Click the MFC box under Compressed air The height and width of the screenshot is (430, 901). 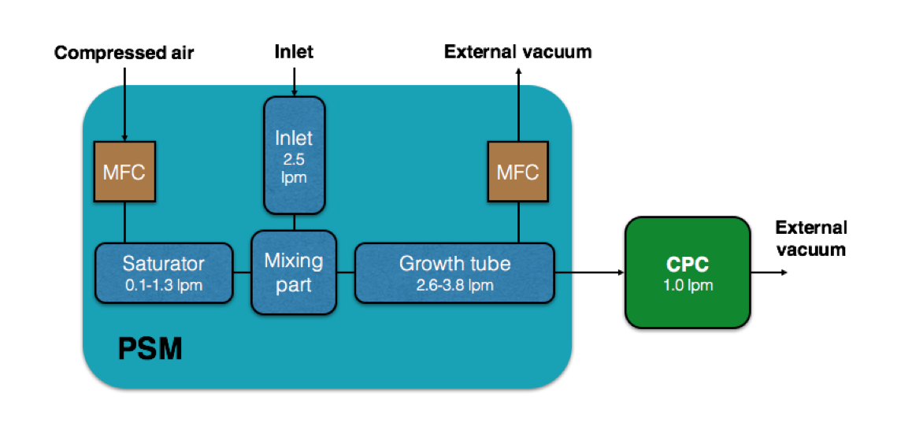point(124,172)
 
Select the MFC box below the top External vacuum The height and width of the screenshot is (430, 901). point(518,172)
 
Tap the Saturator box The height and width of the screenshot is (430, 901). point(164,273)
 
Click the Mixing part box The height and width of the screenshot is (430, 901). point(294,272)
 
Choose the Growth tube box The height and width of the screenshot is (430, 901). point(454,273)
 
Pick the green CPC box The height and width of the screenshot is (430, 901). point(688,272)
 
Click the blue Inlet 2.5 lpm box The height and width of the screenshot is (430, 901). point(295,155)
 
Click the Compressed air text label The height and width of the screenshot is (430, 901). point(124,53)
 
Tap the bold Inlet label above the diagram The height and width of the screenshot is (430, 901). point(295,52)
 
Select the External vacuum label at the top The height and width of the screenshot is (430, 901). point(517,52)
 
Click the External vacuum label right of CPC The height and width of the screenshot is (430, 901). point(811,239)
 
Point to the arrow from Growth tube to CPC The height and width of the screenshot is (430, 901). point(590,273)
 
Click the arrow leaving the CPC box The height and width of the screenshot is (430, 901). point(769,273)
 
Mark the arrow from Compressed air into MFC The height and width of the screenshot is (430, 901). point(124,104)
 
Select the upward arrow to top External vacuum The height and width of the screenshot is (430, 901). point(518,104)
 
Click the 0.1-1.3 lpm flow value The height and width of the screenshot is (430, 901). point(164,284)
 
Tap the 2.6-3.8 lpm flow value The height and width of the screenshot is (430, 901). point(455,284)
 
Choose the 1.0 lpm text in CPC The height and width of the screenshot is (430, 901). point(688,284)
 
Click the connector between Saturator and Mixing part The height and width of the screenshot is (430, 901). point(242,273)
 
